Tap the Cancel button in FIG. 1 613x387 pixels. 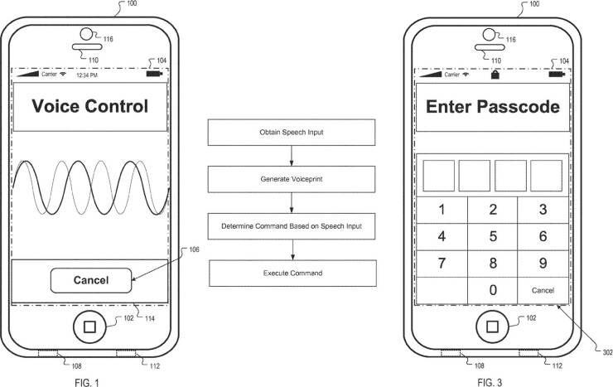(x=91, y=280)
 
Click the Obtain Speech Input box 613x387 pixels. (x=292, y=132)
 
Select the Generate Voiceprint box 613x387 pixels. (x=292, y=178)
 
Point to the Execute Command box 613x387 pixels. (x=292, y=273)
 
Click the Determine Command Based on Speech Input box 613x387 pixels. (x=292, y=226)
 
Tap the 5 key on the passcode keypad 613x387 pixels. (x=493, y=236)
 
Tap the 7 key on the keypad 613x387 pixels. (x=442, y=264)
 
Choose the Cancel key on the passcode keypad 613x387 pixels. (x=543, y=291)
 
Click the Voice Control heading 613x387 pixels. (x=89, y=107)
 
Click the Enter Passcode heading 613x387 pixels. (x=492, y=107)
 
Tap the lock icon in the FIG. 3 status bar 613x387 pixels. (x=495, y=75)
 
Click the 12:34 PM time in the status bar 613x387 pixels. (x=87, y=75)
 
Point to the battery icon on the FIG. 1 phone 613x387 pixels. (x=154, y=75)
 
